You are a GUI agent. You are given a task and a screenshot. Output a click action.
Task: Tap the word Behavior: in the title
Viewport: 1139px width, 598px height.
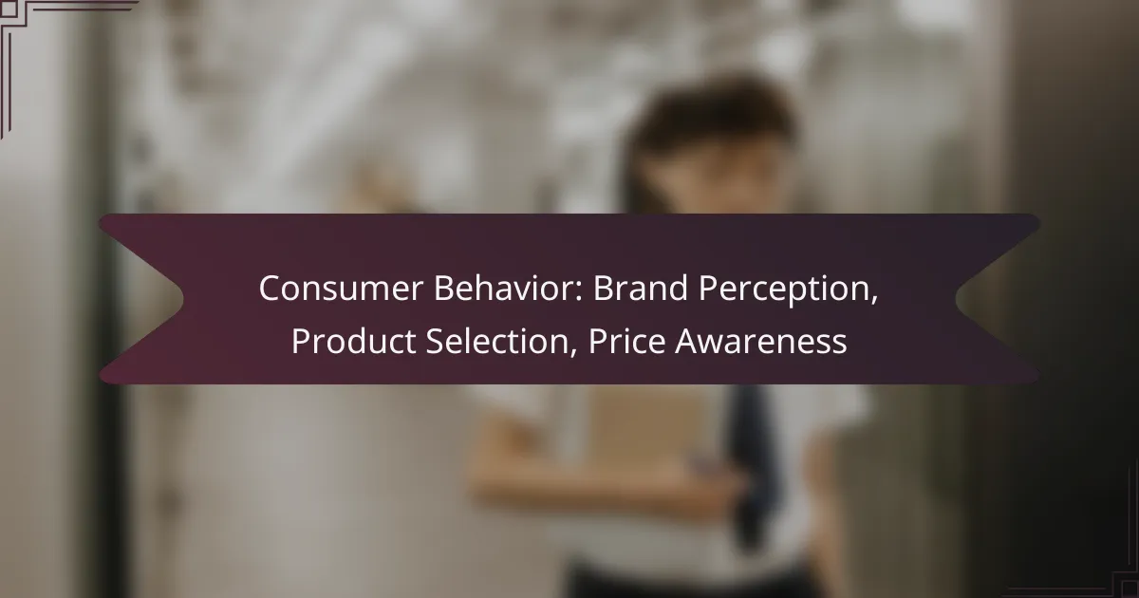pyautogui.click(x=509, y=288)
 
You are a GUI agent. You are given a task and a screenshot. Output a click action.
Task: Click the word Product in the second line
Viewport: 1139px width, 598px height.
pyautogui.click(x=354, y=341)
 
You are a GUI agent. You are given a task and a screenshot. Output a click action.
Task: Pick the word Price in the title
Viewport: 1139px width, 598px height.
pyautogui.click(x=627, y=341)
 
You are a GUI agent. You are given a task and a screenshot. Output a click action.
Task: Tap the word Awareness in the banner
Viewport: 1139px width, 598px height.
pyautogui.click(x=761, y=341)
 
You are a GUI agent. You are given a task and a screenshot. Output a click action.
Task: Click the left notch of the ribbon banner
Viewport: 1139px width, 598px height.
pyautogui.click(x=183, y=299)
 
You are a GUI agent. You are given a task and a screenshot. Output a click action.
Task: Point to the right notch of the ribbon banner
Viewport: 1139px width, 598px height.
pyautogui.click(x=957, y=299)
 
